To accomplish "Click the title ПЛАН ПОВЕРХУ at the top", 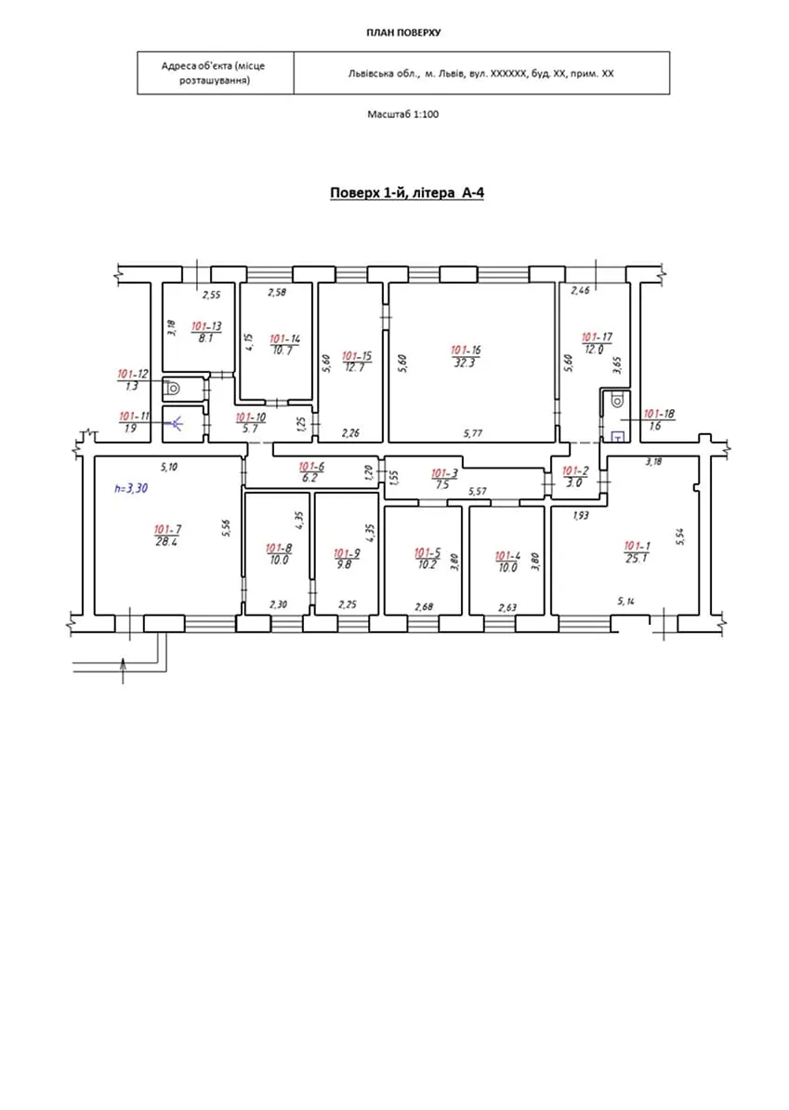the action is click(x=403, y=33).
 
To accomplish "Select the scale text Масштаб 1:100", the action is click(x=403, y=114).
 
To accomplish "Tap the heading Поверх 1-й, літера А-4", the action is click(x=407, y=193).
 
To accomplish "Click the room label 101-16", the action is click(x=466, y=350).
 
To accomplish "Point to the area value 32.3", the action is click(x=466, y=363).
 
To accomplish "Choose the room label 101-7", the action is click(x=167, y=529).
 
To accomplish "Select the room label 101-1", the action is click(x=637, y=546).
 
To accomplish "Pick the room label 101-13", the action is click(x=206, y=326).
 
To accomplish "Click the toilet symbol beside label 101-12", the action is click(x=174, y=387).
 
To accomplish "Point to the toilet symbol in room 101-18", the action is click(x=616, y=403).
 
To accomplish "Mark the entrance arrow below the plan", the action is click(x=124, y=668).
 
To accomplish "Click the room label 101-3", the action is click(x=443, y=473).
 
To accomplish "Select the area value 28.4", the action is click(x=167, y=541).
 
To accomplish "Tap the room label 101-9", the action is click(x=347, y=552).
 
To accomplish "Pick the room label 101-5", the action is click(x=427, y=552).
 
